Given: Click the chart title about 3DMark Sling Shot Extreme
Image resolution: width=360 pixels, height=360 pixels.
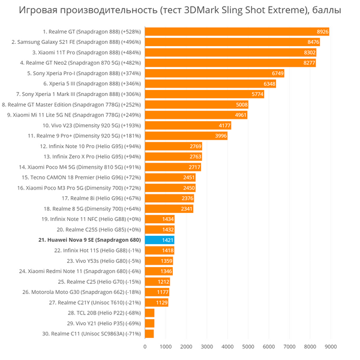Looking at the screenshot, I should pyautogui.click(x=180, y=11).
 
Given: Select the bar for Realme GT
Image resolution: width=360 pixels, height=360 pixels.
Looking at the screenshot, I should pyautogui.click(x=237, y=31).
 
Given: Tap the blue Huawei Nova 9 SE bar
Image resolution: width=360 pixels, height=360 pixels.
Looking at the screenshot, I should pyautogui.click(x=160, y=240).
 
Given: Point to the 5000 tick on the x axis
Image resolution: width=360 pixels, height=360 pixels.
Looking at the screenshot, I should pyautogui.click(x=248, y=346).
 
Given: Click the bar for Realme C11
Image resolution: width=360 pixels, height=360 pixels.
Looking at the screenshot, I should pyautogui.click(x=149, y=334).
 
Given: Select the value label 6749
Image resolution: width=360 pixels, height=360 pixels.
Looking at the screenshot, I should pyautogui.click(x=278, y=73).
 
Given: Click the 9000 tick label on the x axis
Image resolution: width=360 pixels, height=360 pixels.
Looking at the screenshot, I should pyautogui.click(x=331, y=346).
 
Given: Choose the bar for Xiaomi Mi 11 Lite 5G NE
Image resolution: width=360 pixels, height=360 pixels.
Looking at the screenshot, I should pyautogui.click(x=196, y=115).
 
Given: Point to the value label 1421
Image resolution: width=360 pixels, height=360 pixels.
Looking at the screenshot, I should pyautogui.click(x=168, y=240).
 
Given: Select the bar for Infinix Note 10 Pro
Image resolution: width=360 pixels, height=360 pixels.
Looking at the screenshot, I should pyautogui.click(x=173, y=146).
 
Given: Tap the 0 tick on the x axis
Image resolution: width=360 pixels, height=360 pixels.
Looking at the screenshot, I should pyautogui.click(x=145, y=346).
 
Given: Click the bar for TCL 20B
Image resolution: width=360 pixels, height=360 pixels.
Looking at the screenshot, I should pyautogui.click(x=149, y=313).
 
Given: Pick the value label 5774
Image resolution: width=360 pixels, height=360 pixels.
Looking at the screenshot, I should pyautogui.click(x=257, y=94).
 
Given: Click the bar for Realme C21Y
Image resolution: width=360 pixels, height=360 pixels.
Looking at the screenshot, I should pyautogui.click(x=156, y=302).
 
